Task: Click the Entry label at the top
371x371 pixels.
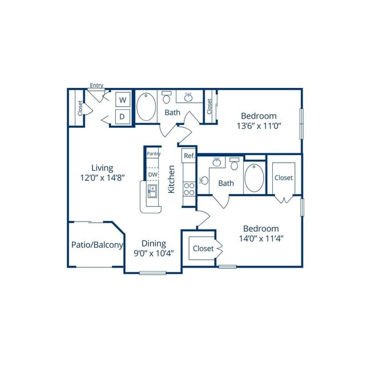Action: [x=96, y=85]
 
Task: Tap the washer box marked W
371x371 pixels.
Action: [x=123, y=100]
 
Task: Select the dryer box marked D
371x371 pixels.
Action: [x=123, y=116]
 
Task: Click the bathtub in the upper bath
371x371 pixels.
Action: [x=146, y=107]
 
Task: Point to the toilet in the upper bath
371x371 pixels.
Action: [x=167, y=97]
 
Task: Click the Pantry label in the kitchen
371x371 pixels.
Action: [x=154, y=154]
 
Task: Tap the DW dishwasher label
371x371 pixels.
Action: [x=152, y=175]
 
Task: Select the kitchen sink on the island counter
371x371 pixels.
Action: [x=152, y=191]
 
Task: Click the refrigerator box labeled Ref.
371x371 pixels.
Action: [x=189, y=156]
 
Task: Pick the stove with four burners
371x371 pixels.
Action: [x=189, y=189]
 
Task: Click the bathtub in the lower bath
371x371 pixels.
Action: [x=254, y=178]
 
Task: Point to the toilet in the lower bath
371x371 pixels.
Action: [x=234, y=164]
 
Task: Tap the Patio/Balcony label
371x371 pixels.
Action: [x=97, y=245]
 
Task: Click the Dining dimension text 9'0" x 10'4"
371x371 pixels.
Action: [x=154, y=253]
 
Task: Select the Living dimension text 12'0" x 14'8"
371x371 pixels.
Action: [x=102, y=178]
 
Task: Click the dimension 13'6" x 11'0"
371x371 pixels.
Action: [x=259, y=126]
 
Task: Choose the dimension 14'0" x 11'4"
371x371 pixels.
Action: [x=261, y=239]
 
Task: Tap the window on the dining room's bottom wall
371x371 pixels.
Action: [x=152, y=273]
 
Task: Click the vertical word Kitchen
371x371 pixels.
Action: [x=171, y=179]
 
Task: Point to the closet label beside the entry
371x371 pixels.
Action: [x=80, y=108]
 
